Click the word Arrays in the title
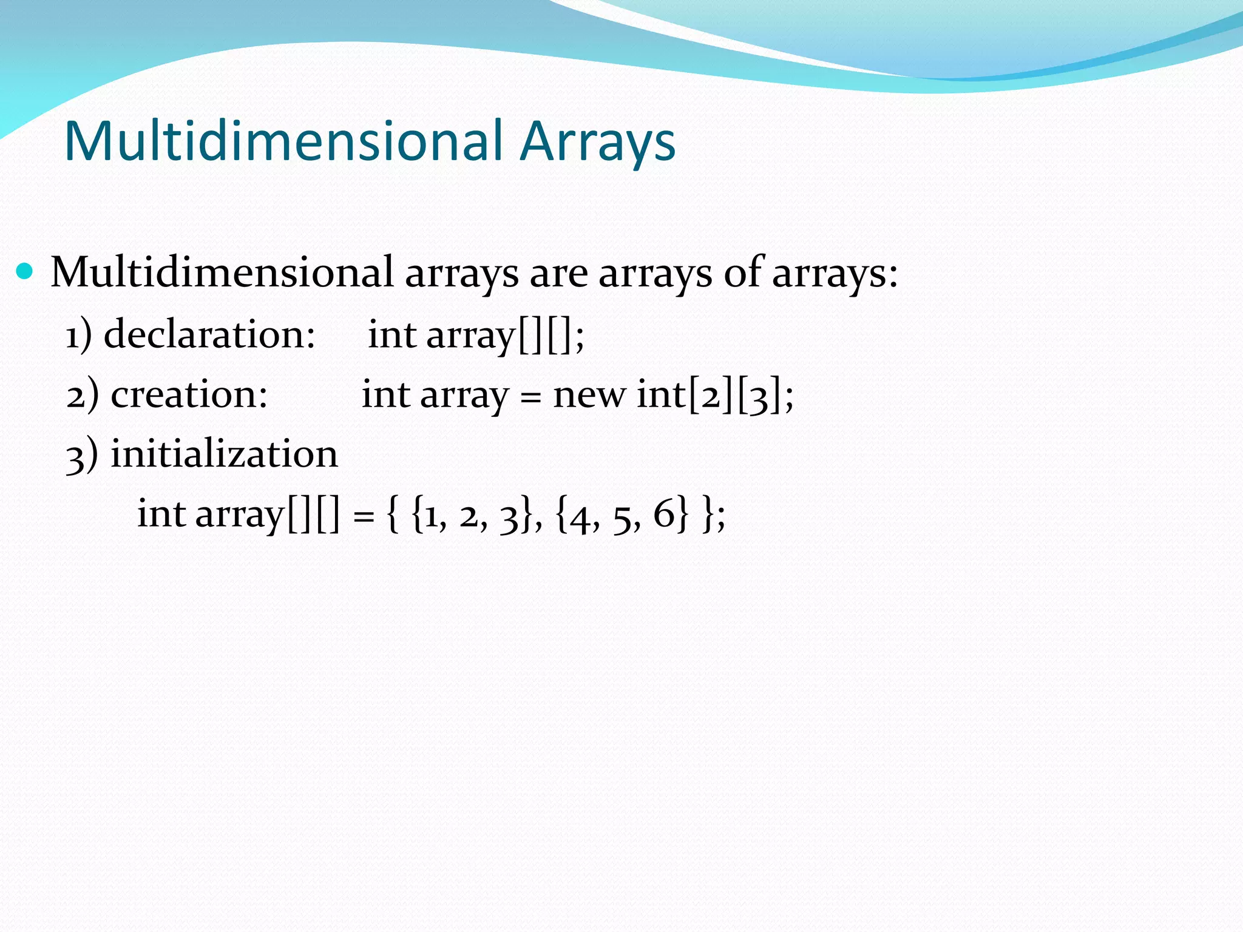tap(597, 141)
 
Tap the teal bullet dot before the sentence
tap(24, 271)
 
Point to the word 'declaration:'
tap(209, 334)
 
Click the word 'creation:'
tap(189, 394)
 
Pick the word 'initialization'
tap(224, 454)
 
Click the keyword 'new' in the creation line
tap(588, 396)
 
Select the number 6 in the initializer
tap(664, 514)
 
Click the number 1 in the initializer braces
tap(431, 516)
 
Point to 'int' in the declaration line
tap(392, 334)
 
